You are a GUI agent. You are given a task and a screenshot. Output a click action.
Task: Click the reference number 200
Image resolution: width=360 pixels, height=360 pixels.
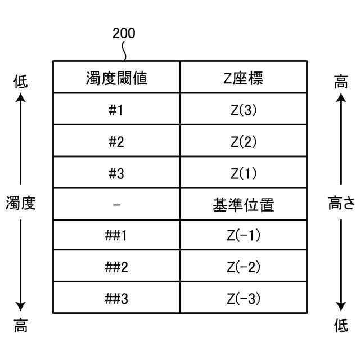[124, 34]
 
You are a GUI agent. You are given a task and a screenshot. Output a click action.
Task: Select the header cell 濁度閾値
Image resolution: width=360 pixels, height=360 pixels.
[116, 78]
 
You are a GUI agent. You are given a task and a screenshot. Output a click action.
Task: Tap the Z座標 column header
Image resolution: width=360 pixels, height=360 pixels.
[244, 78]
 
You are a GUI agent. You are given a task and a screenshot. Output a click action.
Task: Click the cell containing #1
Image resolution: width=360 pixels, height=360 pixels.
[116, 110]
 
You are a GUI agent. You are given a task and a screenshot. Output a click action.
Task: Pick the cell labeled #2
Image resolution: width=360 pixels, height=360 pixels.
[116, 141]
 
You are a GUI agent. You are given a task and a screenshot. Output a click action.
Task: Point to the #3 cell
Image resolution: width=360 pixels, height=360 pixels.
[116, 173]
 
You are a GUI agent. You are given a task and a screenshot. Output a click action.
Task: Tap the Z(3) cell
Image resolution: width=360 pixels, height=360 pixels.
[244, 110]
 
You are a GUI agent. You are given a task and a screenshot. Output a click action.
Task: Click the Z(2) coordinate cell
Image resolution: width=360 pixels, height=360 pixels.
[244, 141]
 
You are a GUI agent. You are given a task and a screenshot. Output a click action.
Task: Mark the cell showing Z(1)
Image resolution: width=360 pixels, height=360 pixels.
[244, 173]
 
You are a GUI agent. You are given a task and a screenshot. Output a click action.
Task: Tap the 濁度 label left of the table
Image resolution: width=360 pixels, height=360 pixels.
[21, 203]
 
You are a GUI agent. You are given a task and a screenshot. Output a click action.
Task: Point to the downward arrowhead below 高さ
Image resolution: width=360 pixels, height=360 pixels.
[341, 307]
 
